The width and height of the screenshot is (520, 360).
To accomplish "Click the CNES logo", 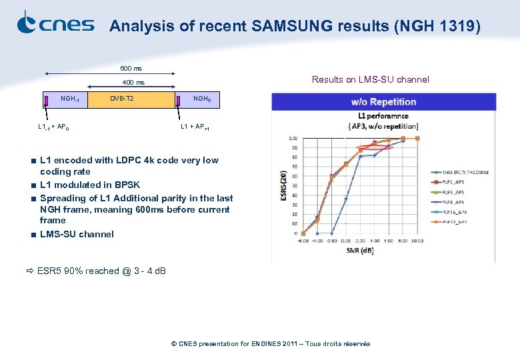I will [55, 23].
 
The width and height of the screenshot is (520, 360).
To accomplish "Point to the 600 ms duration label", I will [130, 69].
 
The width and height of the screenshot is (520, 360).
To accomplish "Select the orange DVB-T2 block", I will [121, 99].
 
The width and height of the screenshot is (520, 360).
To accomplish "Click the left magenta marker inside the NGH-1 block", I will [46, 101].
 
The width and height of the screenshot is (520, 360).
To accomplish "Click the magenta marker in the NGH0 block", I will [178, 100].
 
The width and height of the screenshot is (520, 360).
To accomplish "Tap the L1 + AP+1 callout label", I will [195, 127].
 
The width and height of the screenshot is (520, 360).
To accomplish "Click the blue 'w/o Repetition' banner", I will [383, 102].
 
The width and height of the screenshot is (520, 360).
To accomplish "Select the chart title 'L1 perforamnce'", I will [378, 117].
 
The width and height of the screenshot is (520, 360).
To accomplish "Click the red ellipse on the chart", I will [375, 147].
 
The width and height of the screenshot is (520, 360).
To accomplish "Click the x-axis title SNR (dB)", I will [360, 251].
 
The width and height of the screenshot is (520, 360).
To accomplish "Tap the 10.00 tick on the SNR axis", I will [417, 241].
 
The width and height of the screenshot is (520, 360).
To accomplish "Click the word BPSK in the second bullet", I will [127, 185].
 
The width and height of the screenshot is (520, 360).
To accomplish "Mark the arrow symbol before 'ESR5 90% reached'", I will [30, 271].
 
